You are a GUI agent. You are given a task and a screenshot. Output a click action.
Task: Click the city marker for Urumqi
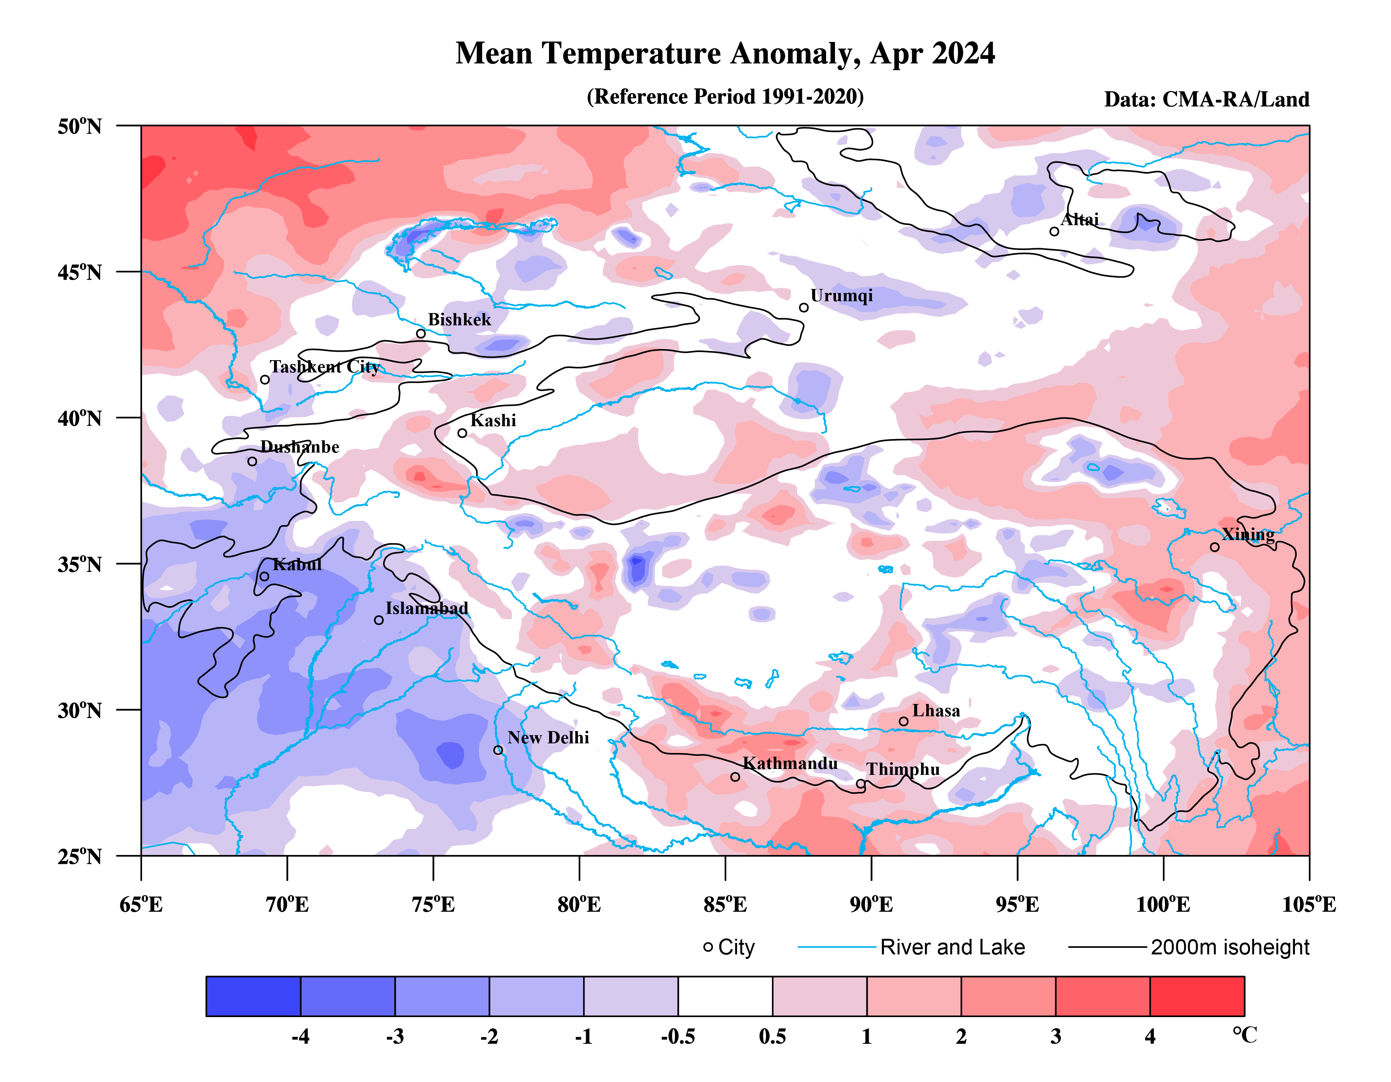coord(804,308)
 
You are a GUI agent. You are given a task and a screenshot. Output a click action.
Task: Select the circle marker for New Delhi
coord(498,750)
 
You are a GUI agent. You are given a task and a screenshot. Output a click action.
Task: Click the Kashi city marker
coord(463,433)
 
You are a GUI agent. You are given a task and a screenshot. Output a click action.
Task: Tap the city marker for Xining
coord(1214,547)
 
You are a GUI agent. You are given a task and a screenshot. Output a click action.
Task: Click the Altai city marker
coord(1054,232)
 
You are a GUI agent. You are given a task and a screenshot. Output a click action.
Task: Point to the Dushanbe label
coord(299,447)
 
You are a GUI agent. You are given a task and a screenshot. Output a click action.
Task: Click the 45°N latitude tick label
coord(80,273)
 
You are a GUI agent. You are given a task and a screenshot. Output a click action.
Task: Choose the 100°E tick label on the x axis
coord(1163,904)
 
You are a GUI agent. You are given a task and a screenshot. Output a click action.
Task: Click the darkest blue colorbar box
coord(253,996)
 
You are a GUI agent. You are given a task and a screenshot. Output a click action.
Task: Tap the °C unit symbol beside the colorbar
coord(1244,1035)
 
